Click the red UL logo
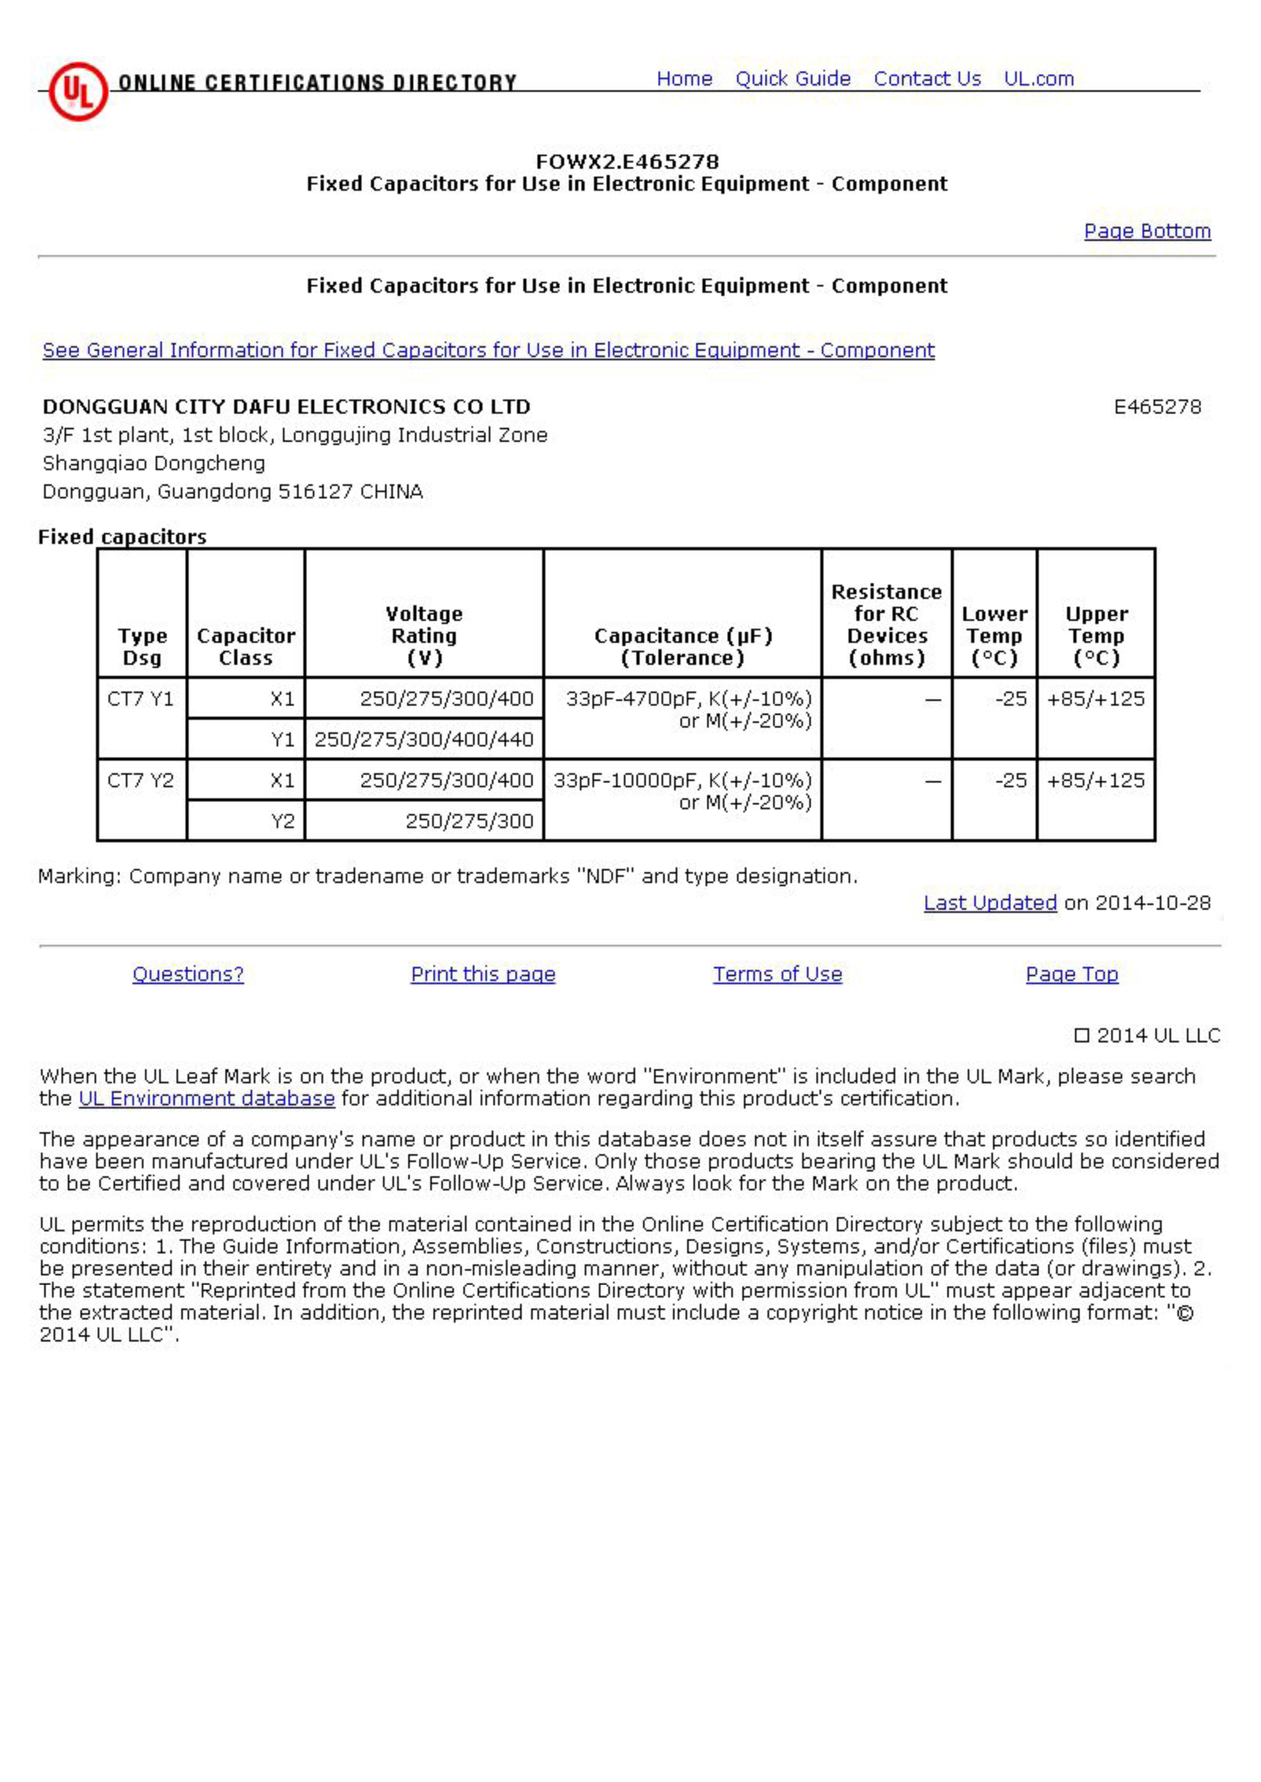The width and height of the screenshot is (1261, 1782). coord(78,91)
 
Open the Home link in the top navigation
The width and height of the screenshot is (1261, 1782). coord(684,79)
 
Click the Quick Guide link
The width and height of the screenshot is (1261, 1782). coord(793,79)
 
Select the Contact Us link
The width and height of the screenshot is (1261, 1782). coord(927,79)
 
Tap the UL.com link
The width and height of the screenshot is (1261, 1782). coord(1038,79)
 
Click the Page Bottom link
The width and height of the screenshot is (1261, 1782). coord(1147,231)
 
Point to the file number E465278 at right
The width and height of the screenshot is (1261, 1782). coord(1157,408)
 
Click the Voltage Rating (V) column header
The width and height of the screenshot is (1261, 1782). coord(424,636)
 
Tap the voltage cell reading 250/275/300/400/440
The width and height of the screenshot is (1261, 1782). coord(424,740)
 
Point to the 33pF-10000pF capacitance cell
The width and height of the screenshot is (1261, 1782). coord(682,791)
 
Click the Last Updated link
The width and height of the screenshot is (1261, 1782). coord(990,903)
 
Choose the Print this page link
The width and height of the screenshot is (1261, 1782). coord(483,975)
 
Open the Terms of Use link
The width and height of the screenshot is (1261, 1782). coord(777,975)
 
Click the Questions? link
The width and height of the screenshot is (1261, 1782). coord(188,975)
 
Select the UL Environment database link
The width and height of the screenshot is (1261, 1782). coord(206,1099)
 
